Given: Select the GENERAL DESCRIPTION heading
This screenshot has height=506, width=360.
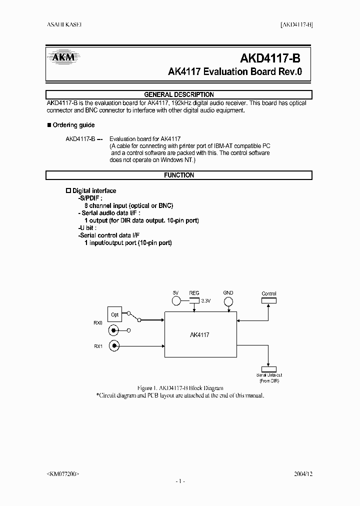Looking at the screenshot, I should pos(179,94).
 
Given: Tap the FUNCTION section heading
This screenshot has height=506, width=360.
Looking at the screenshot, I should pos(179,175).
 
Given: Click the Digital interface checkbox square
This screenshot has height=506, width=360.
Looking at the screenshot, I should pos(69,191).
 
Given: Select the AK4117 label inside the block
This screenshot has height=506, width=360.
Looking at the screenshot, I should pos(200,335).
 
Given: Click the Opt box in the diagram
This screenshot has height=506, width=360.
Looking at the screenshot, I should pos(115,315).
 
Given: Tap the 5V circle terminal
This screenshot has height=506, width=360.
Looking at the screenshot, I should pos(176,301).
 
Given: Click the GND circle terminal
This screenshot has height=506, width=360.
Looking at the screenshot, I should pos(228,301).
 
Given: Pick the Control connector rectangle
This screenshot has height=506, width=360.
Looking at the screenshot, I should pos(268,300).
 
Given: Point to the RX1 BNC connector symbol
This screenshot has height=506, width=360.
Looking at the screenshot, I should pos(115,345).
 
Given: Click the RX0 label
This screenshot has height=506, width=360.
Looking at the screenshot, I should pos(97,323).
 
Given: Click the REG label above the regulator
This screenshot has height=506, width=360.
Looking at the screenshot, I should pos(194,293).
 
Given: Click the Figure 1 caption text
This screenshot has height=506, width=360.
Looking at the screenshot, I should pos(180,388).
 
